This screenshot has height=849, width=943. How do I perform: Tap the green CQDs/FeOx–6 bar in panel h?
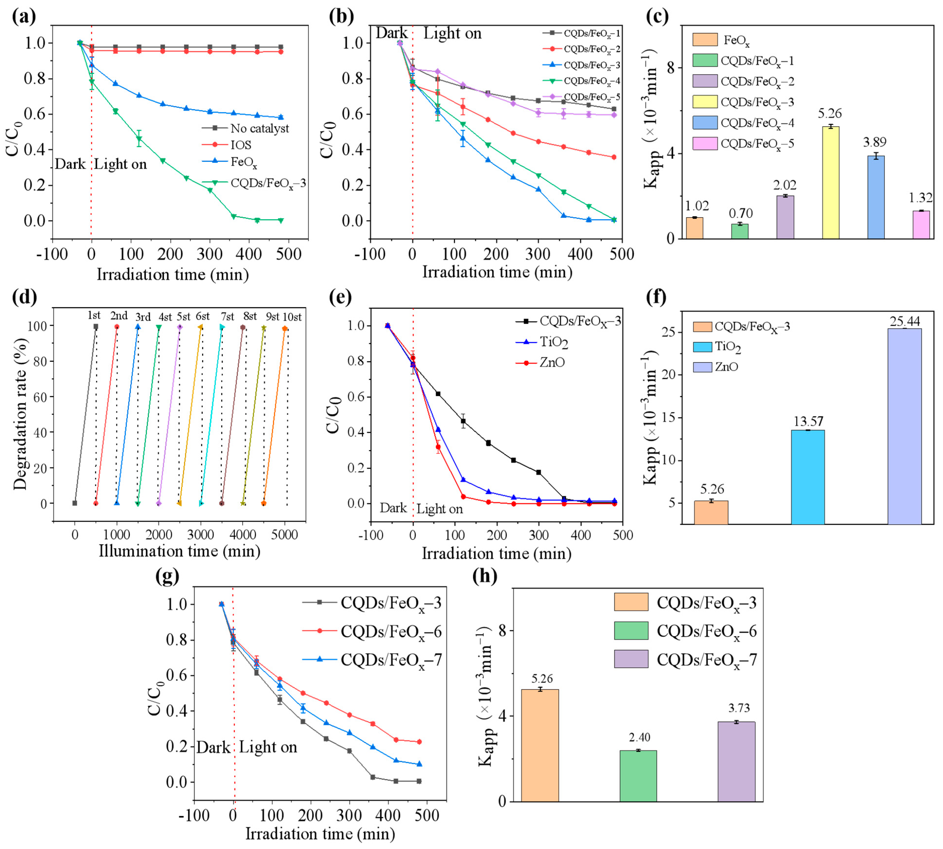[x=638, y=776]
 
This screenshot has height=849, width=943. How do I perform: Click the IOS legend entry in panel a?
[x=241, y=145]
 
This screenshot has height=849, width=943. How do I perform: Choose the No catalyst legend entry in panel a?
[x=259, y=128]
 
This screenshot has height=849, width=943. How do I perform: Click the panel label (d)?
[x=25, y=297]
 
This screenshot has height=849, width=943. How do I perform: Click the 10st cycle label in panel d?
[x=292, y=317]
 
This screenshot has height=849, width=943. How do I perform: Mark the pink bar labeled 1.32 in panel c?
[x=921, y=225]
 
